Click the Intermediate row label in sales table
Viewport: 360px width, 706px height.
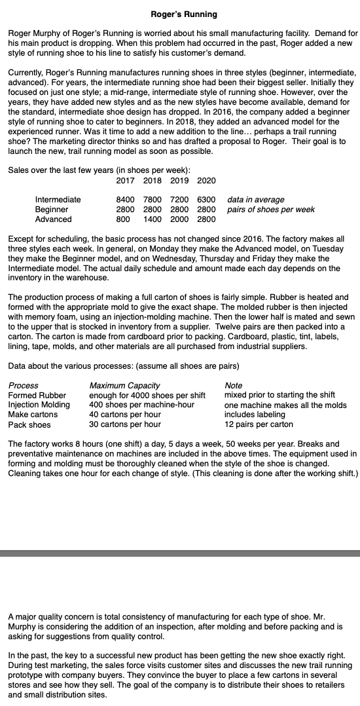coord(58,200)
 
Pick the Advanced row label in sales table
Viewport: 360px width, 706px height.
coord(54,219)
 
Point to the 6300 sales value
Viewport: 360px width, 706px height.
coord(206,200)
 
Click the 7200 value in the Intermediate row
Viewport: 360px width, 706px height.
coord(179,200)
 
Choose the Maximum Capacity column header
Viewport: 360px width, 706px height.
coord(124,385)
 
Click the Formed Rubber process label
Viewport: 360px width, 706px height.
coord(37,395)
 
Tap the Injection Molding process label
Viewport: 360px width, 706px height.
coord(39,405)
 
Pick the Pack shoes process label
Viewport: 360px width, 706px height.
coord(29,424)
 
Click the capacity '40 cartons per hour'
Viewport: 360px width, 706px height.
coord(125,415)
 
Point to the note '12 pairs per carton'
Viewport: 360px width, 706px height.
coord(259,424)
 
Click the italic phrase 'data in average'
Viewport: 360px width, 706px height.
coord(256,200)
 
